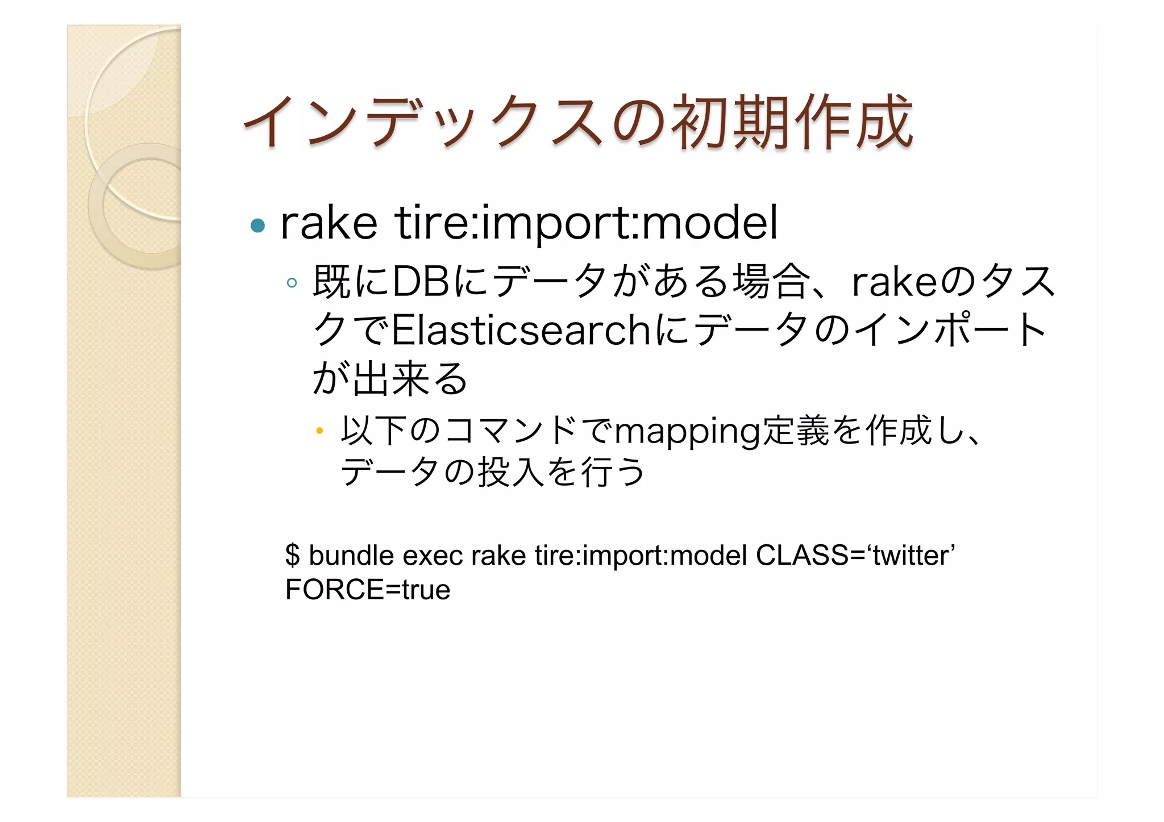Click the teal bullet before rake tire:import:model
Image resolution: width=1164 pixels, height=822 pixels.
[258, 226]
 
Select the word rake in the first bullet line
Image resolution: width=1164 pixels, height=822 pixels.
[329, 223]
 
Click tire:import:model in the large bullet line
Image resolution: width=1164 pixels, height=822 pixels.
[586, 223]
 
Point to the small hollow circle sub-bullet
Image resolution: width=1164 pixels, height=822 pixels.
[292, 282]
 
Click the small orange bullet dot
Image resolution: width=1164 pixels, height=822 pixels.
[319, 431]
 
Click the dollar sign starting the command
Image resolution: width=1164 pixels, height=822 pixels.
[292, 555]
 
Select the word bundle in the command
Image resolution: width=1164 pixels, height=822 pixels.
[351, 555]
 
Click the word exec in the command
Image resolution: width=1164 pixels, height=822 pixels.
[433, 555]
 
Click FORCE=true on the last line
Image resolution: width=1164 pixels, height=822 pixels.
[368, 590]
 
